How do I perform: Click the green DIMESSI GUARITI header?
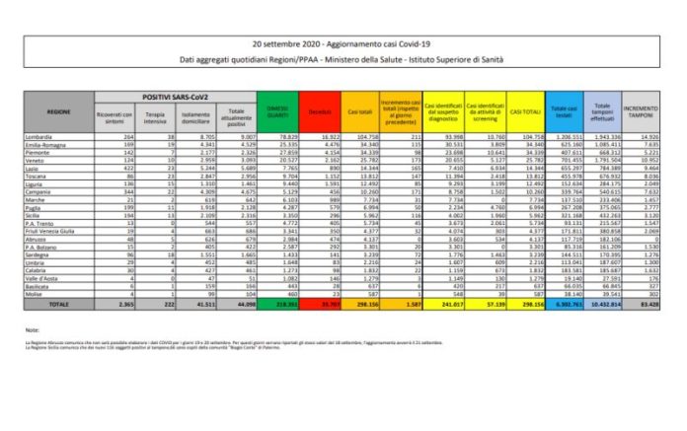point(280,111)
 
